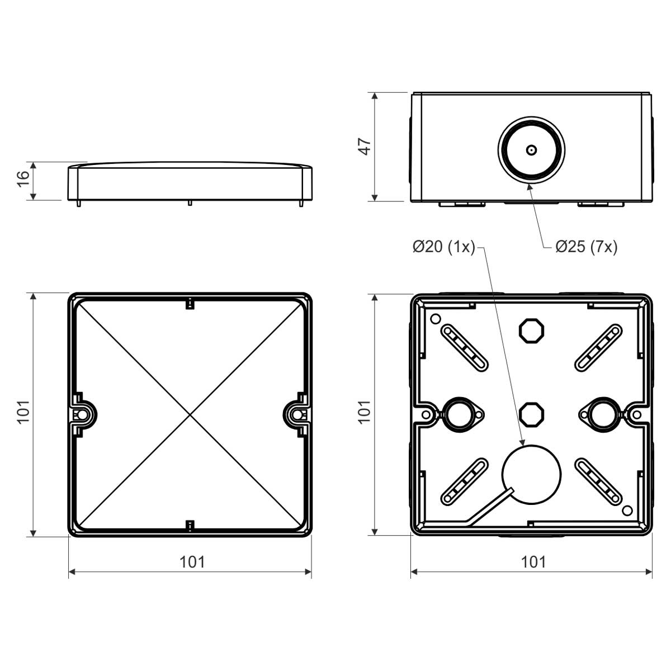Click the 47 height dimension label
point(365,147)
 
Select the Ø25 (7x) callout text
point(586,247)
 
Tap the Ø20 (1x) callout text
point(443,247)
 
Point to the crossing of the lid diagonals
point(190,415)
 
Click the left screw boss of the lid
point(82,414)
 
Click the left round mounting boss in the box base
point(460,414)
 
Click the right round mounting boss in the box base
point(602,414)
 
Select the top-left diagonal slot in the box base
point(465,347)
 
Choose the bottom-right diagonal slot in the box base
point(598,481)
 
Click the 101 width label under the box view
point(533,561)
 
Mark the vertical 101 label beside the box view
point(365,412)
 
